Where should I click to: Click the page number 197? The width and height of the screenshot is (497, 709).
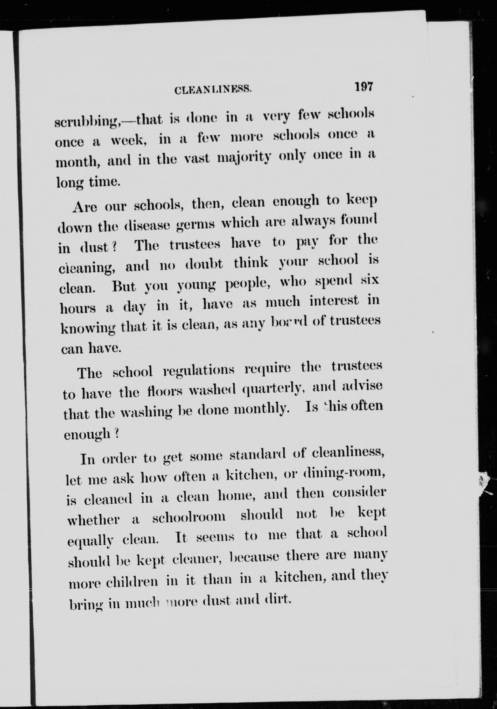pos(364,87)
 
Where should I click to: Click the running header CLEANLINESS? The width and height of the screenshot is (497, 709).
pos(213,90)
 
